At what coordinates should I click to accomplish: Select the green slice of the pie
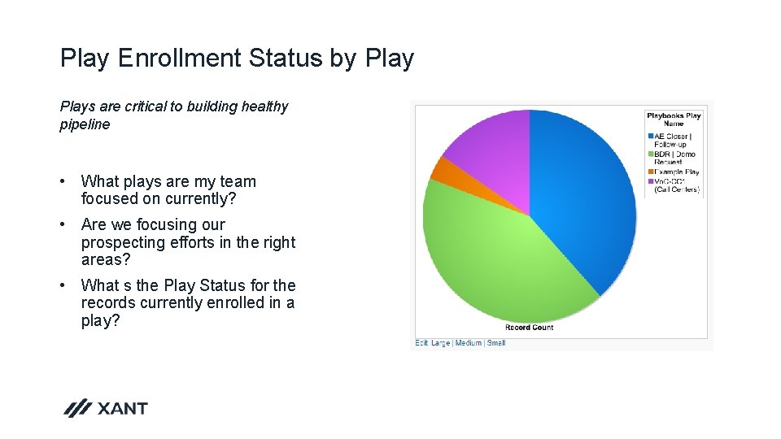tap(496, 260)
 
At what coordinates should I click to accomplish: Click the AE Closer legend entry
tap(672, 140)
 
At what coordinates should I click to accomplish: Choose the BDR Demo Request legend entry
tap(674, 158)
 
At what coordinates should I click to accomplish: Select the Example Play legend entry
tap(675, 172)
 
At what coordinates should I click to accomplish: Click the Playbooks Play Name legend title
tap(673, 120)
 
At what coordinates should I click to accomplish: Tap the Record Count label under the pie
tap(529, 328)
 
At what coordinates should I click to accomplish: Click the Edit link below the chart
tap(421, 343)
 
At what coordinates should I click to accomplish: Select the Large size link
tap(440, 343)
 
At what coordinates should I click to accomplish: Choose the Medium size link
tap(469, 343)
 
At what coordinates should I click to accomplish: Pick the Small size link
tap(496, 343)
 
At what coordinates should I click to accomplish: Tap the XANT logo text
tap(122, 408)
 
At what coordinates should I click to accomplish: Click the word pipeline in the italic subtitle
tap(85, 124)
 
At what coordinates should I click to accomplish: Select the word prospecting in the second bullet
tap(122, 242)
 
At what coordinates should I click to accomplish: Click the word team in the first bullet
tap(238, 181)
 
